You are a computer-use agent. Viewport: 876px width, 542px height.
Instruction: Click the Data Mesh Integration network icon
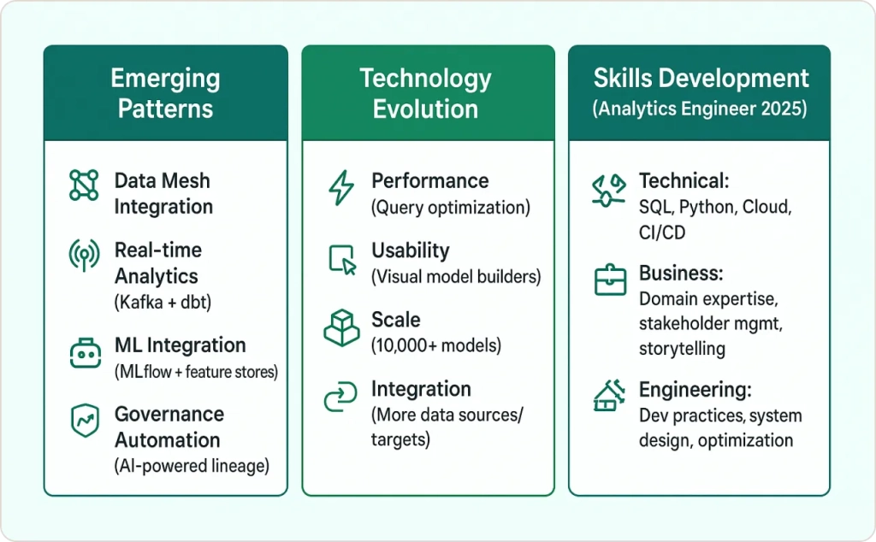pos(84,185)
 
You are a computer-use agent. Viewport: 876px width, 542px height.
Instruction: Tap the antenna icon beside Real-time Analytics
pos(84,255)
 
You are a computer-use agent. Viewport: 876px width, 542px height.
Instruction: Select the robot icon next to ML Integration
pos(86,353)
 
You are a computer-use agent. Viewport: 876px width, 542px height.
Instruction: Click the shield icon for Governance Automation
pos(85,421)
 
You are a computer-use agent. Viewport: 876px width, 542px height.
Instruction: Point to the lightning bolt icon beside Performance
pos(341,187)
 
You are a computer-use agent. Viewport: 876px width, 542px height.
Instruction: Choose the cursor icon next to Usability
pos(342,260)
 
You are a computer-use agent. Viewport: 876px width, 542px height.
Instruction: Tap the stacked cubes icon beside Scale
pos(341,328)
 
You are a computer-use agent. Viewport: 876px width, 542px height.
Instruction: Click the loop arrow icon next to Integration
pos(340,397)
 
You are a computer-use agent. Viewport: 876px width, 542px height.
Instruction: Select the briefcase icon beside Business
pos(610,280)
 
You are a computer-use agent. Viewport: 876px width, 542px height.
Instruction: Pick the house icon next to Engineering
pos(609,396)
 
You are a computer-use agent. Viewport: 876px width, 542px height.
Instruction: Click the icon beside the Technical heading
pos(608,191)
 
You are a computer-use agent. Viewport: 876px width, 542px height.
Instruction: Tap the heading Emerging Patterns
pos(165,93)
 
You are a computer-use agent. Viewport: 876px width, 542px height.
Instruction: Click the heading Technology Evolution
pos(426,93)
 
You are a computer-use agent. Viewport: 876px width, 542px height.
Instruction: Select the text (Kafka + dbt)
pos(163,303)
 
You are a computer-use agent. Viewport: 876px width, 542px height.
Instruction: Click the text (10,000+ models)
pos(436,345)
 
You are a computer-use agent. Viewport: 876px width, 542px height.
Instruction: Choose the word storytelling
pos(682,349)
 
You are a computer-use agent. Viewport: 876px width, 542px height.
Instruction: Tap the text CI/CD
pos(662,233)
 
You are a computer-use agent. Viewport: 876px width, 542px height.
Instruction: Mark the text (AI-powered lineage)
pos(192,466)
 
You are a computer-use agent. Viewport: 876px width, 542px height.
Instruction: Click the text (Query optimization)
pos(451,208)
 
